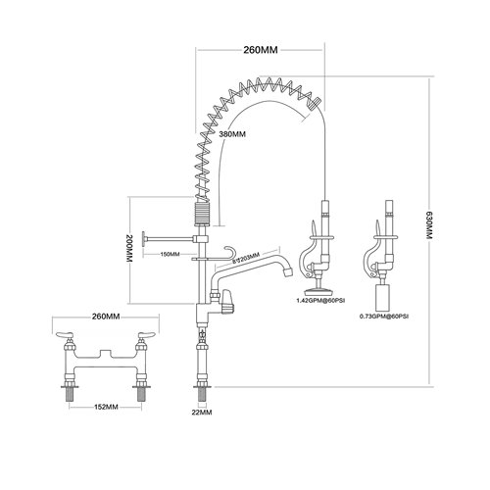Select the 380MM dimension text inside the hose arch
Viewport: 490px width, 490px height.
[232, 134]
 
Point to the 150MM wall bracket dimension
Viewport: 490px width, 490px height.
[169, 254]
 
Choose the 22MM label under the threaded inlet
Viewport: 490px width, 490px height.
[203, 412]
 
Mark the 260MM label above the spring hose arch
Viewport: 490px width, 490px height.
[263, 49]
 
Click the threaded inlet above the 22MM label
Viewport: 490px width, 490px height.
[203, 391]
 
